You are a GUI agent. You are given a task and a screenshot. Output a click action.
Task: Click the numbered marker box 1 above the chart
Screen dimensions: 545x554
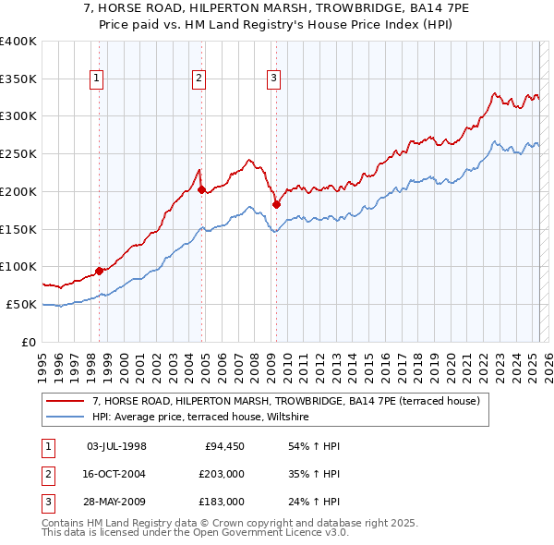point(97,79)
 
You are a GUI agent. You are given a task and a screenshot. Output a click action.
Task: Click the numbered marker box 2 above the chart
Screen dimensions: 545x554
point(199,79)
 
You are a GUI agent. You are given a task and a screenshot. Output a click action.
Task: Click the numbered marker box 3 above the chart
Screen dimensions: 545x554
point(274,79)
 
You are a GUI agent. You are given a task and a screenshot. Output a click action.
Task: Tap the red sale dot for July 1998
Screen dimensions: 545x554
point(99,271)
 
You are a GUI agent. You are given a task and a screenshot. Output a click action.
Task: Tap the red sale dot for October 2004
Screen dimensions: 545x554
point(202,188)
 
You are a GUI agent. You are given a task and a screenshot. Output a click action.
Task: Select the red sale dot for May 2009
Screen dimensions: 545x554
point(276,204)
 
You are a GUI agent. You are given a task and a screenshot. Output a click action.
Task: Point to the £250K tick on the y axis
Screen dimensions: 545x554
point(19,153)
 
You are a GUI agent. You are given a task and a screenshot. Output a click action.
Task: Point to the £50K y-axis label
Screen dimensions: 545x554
point(22,304)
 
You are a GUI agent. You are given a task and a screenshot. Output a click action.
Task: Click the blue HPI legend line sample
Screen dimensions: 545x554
point(66,418)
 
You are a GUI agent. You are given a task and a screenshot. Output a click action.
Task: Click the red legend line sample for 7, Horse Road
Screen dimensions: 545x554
point(66,402)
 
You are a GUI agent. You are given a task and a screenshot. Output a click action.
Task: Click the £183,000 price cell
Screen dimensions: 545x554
point(220,502)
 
